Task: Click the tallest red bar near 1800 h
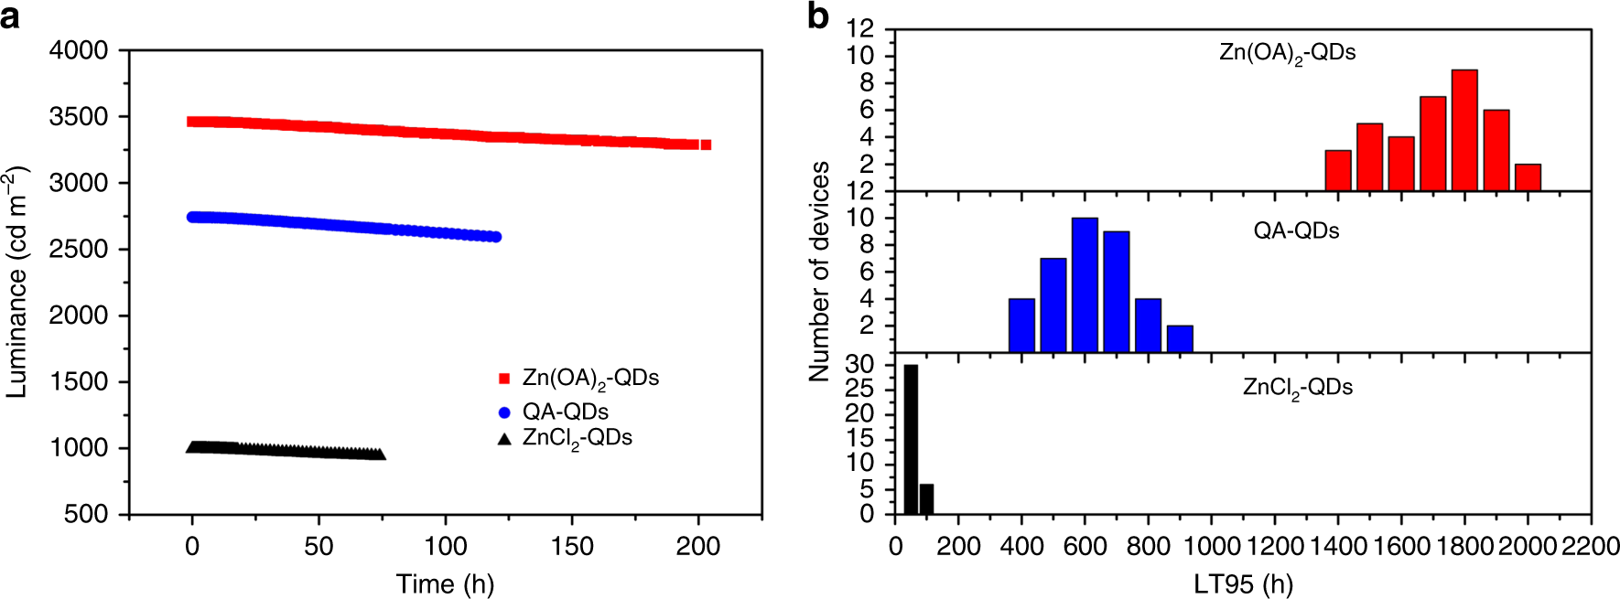(x=1464, y=131)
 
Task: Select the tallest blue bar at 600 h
(x=1085, y=285)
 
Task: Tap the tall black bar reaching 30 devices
(x=911, y=440)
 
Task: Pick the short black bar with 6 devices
(x=927, y=499)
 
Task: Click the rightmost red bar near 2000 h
(x=1528, y=177)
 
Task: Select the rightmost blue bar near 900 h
(x=1180, y=339)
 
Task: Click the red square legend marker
(x=503, y=379)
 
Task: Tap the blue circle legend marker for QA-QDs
(x=503, y=412)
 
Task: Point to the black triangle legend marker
(x=503, y=439)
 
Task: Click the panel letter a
(x=11, y=16)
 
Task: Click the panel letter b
(x=818, y=16)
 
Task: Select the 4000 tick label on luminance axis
(x=78, y=50)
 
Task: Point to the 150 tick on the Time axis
(x=572, y=547)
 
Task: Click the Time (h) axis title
(x=445, y=584)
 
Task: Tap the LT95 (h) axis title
(x=1243, y=584)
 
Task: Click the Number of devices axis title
(x=819, y=272)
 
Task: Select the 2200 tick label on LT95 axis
(x=1590, y=547)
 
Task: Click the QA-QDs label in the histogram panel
(x=1296, y=230)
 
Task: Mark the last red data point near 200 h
(x=706, y=144)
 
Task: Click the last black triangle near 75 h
(x=380, y=455)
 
